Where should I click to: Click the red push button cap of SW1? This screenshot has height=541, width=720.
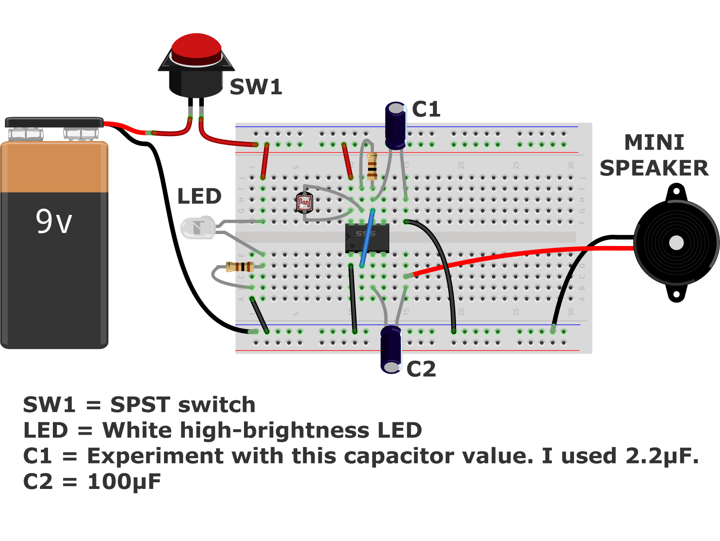click(196, 47)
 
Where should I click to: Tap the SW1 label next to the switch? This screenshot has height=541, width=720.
click(256, 87)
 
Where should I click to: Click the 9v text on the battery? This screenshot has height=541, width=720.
click(54, 221)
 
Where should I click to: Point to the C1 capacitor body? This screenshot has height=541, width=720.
click(395, 127)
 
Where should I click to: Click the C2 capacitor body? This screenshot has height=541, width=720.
click(391, 349)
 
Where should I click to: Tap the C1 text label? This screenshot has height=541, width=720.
click(426, 109)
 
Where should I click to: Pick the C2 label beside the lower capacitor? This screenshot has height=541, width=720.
click(421, 369)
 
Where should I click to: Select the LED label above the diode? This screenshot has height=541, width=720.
click(199, 196)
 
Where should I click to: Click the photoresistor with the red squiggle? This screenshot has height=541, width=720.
click(304, 203)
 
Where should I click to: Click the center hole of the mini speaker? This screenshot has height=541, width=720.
click(676, 243)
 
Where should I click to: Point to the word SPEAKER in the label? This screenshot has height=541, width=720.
click(654, 168)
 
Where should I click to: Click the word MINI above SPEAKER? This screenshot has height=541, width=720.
click(654, 143)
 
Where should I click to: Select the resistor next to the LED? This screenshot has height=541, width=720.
click(240, 266)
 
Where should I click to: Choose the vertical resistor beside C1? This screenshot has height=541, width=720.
click(372, 166)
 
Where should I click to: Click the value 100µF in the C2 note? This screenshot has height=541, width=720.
click(124, 482)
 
